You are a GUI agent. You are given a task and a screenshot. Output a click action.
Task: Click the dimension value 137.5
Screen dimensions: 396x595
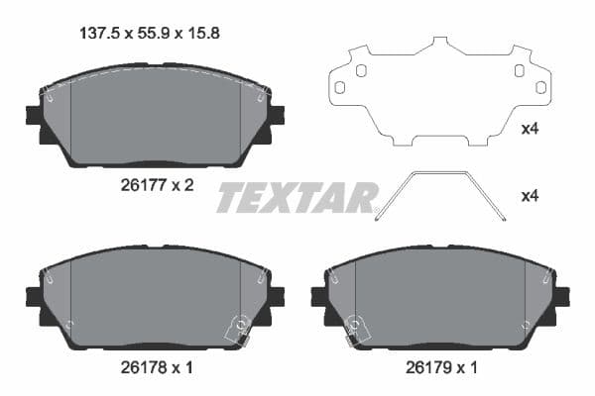pos(97,32)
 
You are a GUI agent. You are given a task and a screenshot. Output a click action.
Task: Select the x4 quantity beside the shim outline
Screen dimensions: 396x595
pos(531,128)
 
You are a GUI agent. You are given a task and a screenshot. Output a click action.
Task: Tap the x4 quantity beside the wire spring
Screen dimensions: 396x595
pos(531,196)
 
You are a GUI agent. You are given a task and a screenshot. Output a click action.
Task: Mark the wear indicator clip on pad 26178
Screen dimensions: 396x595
pos(237,330)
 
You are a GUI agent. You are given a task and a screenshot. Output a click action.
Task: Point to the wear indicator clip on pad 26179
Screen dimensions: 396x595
pos(354,330)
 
